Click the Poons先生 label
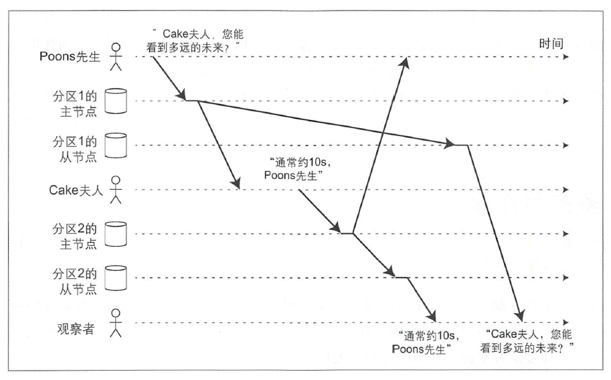70,56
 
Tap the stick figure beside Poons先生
117,56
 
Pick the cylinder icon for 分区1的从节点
116,145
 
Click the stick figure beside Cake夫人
117,189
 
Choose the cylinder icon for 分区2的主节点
116,233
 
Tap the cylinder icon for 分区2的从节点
116,277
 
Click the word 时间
551,44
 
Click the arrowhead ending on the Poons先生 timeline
406,62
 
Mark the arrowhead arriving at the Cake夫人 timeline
236,184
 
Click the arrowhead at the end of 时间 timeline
566,58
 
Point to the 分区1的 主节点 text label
76,101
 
